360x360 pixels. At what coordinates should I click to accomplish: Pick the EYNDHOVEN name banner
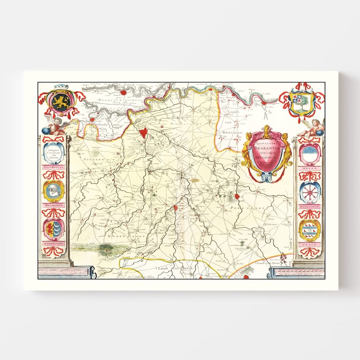pyautogui.click(x=54, y=243)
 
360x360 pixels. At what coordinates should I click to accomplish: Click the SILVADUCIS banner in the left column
pyautogui.click(x=54, y=171)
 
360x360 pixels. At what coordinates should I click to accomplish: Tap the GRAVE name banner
pyautogui.click(x=310, y=244)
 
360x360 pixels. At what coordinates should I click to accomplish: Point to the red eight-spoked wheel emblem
pyautogui.click(x=310, y=192)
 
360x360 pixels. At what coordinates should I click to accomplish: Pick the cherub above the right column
pyautogui.click(x=313, y=128)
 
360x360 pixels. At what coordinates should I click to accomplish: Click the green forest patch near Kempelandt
pyautogui.click(x=109, y=248)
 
